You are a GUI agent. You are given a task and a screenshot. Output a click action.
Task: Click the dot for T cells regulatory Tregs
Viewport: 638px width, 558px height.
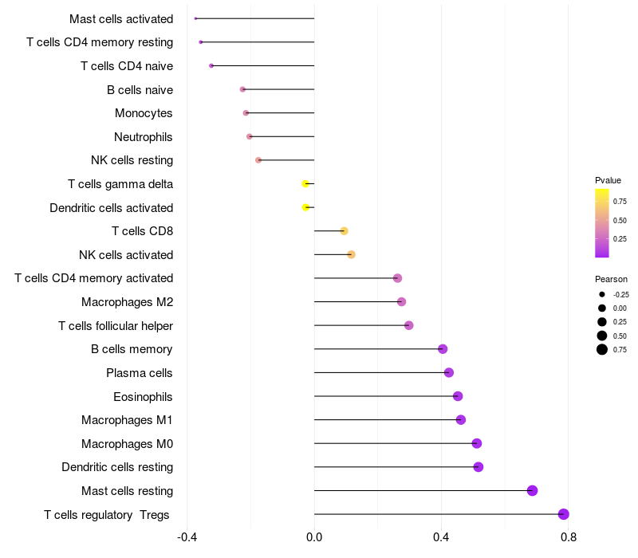564,514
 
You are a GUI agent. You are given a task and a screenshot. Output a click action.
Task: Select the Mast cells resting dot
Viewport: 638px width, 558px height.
532,490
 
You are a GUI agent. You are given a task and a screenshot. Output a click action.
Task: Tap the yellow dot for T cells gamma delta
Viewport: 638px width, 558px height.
305,184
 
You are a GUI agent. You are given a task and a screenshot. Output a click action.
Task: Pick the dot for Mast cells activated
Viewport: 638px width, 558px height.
195,18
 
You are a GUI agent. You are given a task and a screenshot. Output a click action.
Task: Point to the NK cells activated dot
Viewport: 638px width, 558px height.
351,255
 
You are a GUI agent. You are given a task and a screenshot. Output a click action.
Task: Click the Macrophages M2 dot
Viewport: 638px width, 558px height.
401,302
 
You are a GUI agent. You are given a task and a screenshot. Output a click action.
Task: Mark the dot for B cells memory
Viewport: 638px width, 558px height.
443,349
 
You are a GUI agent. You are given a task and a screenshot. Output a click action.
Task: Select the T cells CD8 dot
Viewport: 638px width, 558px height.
344,231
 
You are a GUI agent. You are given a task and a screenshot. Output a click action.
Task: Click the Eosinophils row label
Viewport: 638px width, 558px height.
143,396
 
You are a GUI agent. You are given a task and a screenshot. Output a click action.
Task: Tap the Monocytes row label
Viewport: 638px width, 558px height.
144,113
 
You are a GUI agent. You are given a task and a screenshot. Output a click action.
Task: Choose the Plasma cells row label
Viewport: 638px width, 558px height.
140,373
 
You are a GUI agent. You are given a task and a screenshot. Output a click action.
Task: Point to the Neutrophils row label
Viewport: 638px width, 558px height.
144,137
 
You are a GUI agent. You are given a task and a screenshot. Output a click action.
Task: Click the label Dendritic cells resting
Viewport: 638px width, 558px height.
117,467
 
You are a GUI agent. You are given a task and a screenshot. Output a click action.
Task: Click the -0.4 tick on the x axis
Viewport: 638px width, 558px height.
187,537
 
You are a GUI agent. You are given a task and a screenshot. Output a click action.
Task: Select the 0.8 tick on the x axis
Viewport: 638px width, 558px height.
569,537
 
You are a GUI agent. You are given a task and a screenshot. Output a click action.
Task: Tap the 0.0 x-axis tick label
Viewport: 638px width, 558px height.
314,537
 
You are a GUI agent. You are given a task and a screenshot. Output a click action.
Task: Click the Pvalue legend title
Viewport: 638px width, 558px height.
608,180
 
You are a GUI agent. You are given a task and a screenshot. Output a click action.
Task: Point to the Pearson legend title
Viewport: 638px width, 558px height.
611,279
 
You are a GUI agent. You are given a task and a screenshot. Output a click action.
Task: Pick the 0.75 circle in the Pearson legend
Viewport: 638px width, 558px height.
602,349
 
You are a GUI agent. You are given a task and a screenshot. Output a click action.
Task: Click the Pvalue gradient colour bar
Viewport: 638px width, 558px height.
602,223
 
